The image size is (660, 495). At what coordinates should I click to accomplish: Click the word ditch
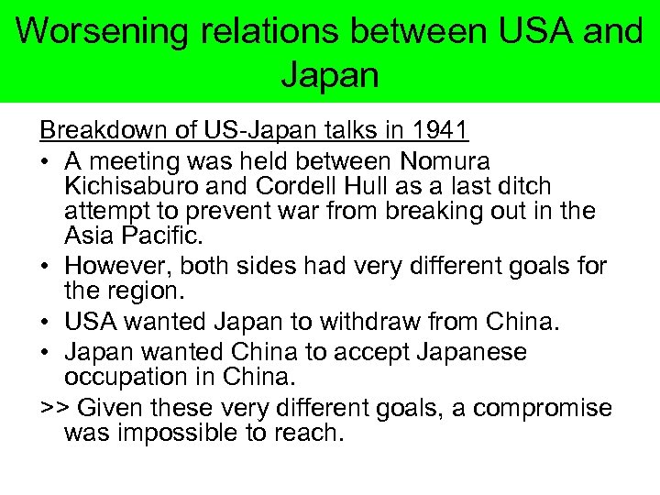coord(524,186)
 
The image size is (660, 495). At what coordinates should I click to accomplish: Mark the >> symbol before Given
coord(51,404)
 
